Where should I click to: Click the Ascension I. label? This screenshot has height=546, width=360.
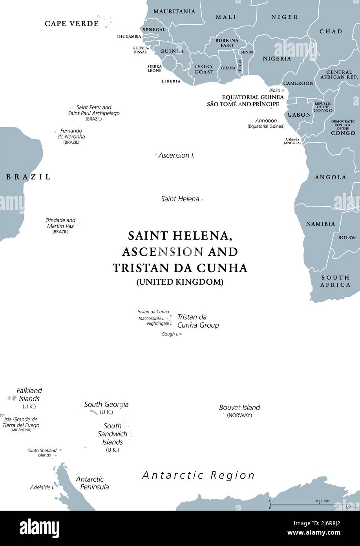coord(176,155)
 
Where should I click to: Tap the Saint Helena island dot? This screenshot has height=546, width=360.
coord(202,200)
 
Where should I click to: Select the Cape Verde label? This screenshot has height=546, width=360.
coord(71,24)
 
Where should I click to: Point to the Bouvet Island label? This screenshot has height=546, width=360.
coord(239,407)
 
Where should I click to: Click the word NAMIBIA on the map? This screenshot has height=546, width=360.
coord(320,224)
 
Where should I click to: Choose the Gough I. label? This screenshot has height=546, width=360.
coord(170,334)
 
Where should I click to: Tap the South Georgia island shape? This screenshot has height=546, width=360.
coord(93,412)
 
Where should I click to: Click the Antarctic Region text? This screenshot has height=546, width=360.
coord(198,475)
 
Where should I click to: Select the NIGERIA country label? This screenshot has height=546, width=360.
coord(277,59)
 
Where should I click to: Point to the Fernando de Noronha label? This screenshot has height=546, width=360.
coord(71,134)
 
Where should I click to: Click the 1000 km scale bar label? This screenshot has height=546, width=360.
coord(322,501)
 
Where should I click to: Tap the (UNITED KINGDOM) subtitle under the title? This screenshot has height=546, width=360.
coord(180,282)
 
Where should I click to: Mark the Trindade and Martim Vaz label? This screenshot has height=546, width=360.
coord(60,223)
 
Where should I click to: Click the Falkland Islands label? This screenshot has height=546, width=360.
coord(29,394)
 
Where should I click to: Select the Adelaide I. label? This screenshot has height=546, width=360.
coord(42,487)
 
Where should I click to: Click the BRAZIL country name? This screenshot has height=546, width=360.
coord(28,177)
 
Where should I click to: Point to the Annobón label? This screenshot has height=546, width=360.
coord(266,121)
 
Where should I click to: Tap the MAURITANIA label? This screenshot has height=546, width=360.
coord(174,11)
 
